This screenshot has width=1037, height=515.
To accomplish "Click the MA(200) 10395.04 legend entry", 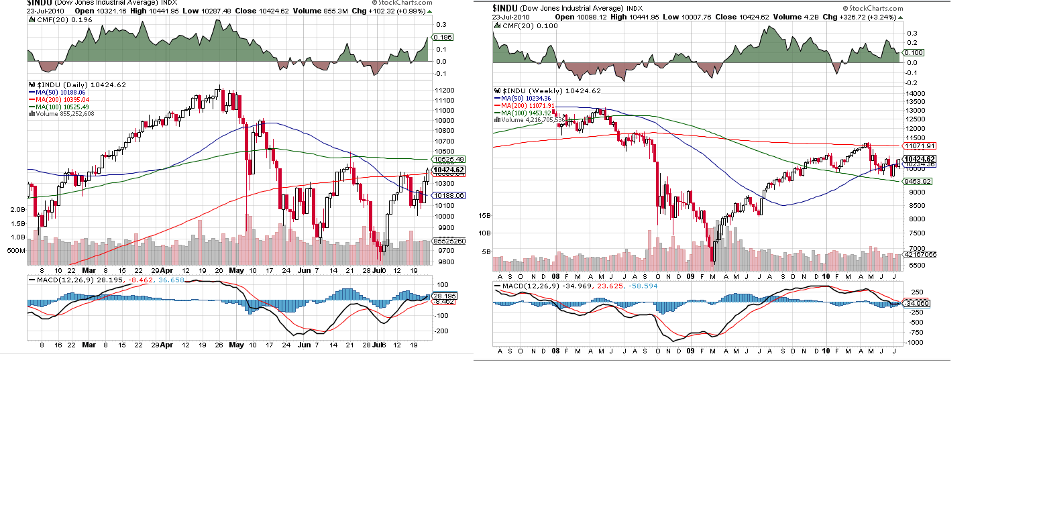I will click(x=64, y=99).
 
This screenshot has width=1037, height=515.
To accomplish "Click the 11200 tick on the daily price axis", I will click(x=445, y=91).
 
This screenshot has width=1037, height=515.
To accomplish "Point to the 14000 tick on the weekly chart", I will click(x=916, y=93).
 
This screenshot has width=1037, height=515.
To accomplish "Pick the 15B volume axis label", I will click(x=484, y=215).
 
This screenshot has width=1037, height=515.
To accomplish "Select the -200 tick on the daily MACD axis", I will click(x=442, y=331).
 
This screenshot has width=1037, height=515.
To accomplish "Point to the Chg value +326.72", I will click(x=857, y=17).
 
